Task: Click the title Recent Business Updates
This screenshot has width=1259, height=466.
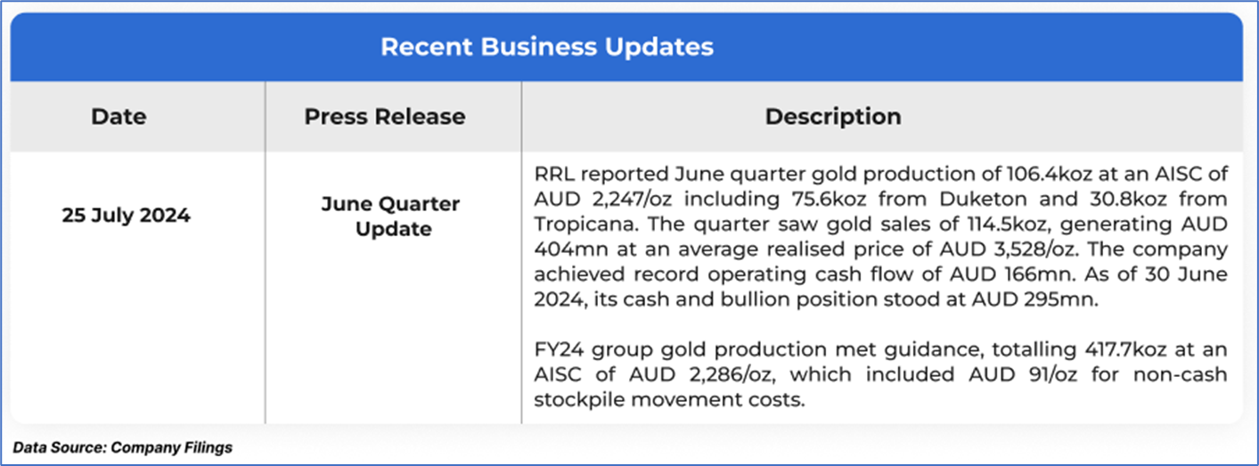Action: click(547, 46)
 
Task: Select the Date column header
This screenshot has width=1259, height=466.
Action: click(119, 117)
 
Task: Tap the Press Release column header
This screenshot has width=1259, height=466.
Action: click(385, 117)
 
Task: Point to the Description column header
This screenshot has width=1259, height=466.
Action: click(833, 117)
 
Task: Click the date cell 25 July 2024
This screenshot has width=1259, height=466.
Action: click(126, 216)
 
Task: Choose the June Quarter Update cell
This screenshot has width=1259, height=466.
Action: click(390, 217)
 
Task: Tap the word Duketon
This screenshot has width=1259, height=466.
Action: click(983, 199)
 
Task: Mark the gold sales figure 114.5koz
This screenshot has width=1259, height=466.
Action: click(1008, 225)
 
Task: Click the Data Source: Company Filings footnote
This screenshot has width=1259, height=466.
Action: click(123, 447)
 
